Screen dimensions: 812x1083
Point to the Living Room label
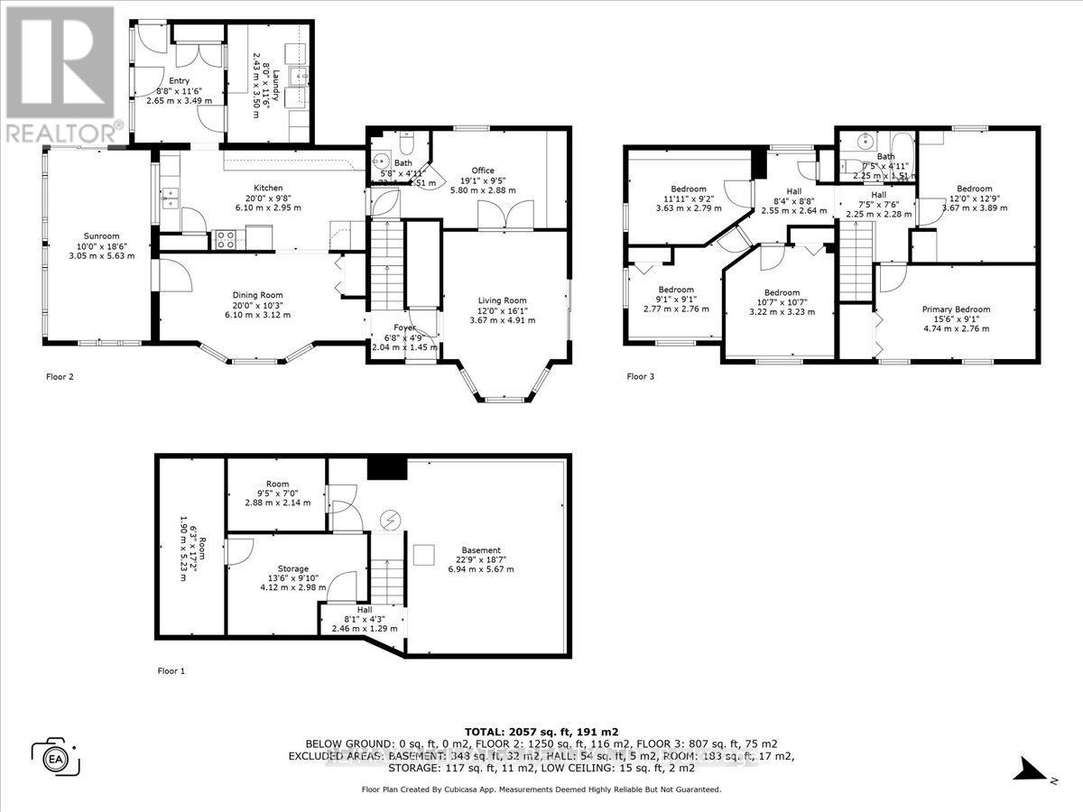click(x=503, y=300)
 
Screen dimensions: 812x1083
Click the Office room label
click(x=484, y=170)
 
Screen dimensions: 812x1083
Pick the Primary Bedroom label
click(x=956, y=309)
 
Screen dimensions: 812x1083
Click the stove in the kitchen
click(x=226, y=240)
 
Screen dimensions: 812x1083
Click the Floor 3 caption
click(x=640, y=376)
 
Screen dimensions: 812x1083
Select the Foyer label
click(x=405, y=328)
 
